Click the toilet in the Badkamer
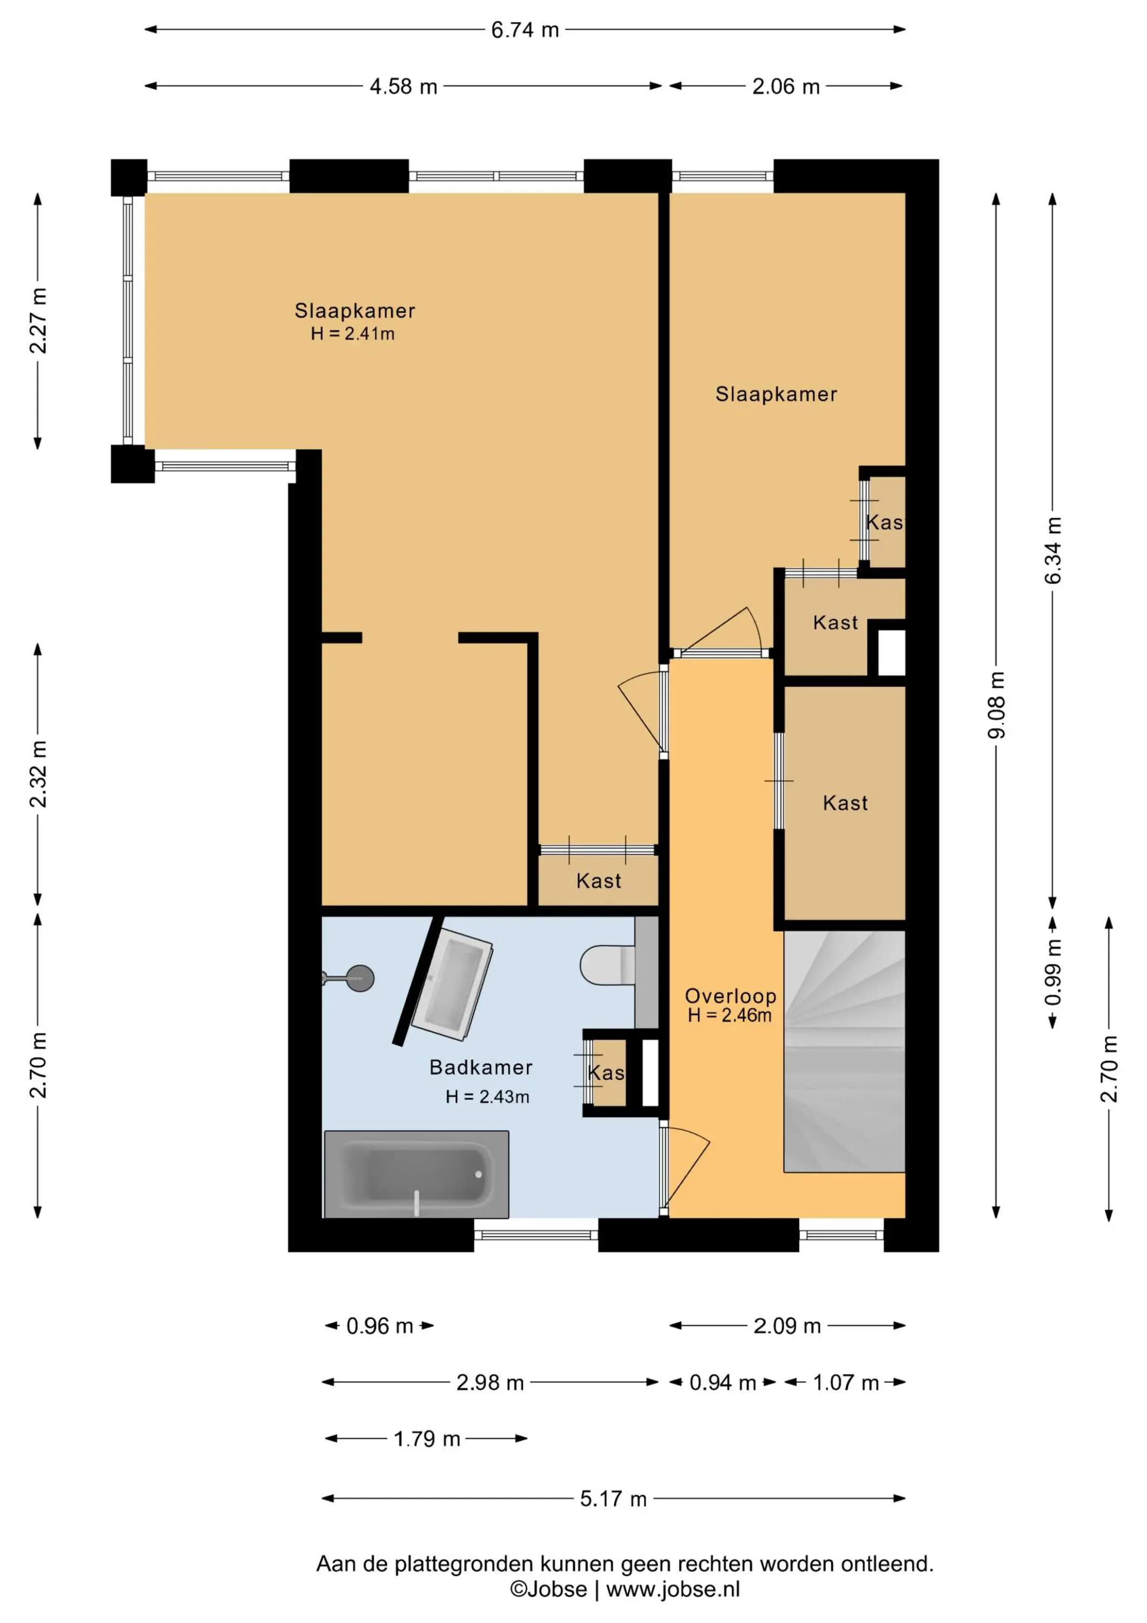[x=608, y=965]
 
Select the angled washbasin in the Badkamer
[x=452, y=985]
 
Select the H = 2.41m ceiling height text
[x=353, y=334]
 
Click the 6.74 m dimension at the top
[x=525, y=30]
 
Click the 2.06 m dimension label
[x=786, y=86]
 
